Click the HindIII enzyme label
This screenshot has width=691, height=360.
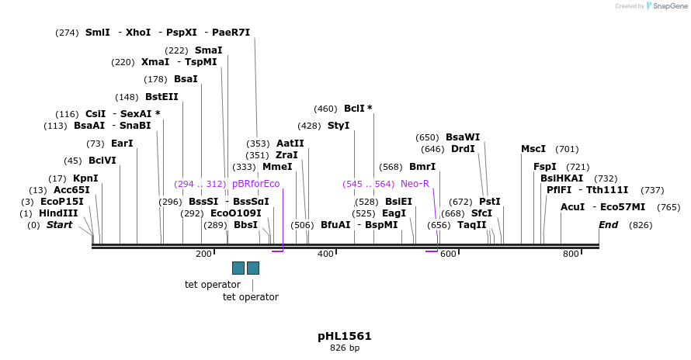pyautogui.click(x=58, y=213)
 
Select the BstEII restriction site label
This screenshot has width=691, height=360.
pyautogui.click(x=161, y=97)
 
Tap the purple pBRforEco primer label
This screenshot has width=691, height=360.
pyautogui.click(x=255, y=184)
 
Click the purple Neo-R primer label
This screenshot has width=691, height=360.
pyautogui.click(x=415, y=184)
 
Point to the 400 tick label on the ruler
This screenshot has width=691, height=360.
pyautogui.click(x=326, y=254)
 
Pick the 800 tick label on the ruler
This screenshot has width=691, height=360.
pyautogui.click(x=571, y=254)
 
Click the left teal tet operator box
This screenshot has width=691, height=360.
pyautogui.click(x=238, y=268)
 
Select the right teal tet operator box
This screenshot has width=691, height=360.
pyautogui.click(x=253, y=268)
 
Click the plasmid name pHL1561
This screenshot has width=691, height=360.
pyautogui.click(x=345, y=336)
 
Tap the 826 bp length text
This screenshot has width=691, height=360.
pyautogui.click(x=345, y=348)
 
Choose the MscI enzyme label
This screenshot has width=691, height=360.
pyautogui.click(x=533, y=149)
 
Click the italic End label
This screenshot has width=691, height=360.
pyautogui.click(x=609, y=225)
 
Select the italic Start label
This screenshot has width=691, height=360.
pyautogui.click(x=59, y=225)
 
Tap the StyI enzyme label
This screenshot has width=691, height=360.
pyautogui.click(x=339, y=126)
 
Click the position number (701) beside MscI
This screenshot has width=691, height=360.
pyautogui.click(x=567, y=149)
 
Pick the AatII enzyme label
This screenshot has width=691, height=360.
pyautogui.click(x=290, y=144)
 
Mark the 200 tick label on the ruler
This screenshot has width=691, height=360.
pyautogui.click(x=203, y=254)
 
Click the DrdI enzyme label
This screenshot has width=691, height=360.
pyautogui.click(x=463, y=149)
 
